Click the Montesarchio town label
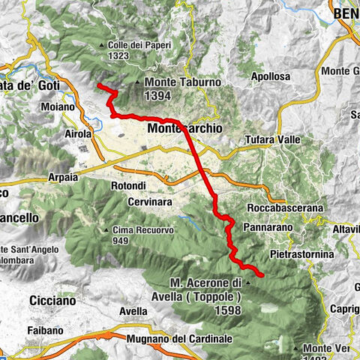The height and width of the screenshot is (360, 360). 185,129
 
